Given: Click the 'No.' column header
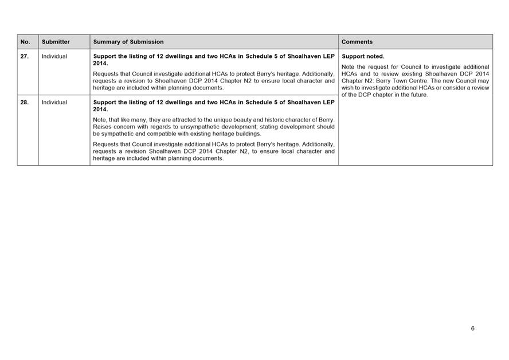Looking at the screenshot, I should pos(25,42).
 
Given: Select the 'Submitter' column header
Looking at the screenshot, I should pos(56,42).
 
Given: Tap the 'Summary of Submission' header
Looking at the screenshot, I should pos(128,42).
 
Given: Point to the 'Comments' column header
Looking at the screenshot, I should pos(357,42).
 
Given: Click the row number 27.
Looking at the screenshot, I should pos(25,57).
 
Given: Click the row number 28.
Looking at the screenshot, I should pos(25,103).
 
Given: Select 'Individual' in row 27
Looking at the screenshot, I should pos(54,57).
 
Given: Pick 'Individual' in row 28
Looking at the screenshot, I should pos(54,103).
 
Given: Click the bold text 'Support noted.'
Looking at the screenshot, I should pos(363,57).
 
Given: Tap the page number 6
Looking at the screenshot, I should pos(473,328).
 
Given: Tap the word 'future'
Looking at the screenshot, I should pos(418,95).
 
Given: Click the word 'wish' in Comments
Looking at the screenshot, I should pos(347,88).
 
